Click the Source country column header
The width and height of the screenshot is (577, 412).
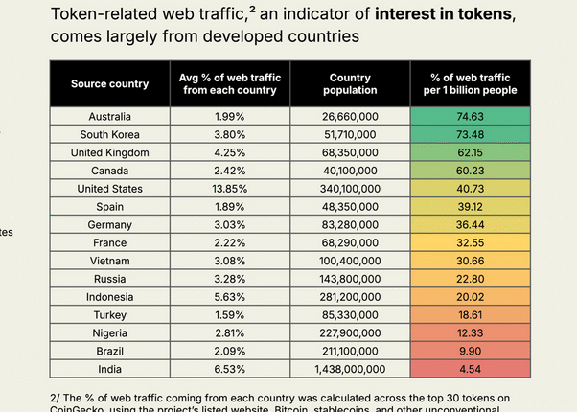tap(109, 83)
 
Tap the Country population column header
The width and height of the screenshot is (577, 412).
tap(349, 83)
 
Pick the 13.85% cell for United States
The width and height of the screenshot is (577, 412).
tap(228, 189)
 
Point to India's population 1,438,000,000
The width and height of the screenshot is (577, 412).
tap(349, 369)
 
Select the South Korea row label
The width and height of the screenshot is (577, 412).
tap(109, 135)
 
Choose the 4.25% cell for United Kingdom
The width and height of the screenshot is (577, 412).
tap(228, 153)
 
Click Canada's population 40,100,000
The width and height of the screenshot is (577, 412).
tap(349, 171)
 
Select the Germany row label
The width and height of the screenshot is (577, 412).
tap(109, 225)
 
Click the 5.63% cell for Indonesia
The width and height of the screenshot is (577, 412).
tap(228, 297)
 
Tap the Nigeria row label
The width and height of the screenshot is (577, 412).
tap(109, 332)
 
